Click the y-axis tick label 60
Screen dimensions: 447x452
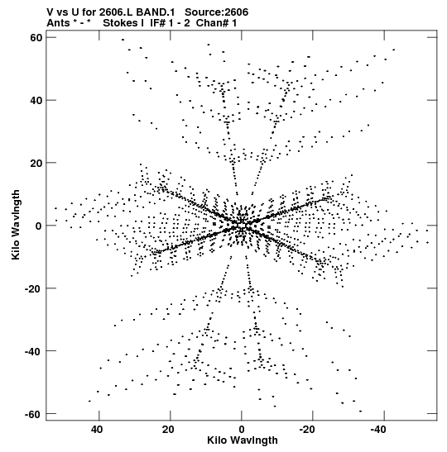36,37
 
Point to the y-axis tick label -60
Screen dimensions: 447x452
33,414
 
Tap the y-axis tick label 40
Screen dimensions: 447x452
36,100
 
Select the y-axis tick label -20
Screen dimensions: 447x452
33,288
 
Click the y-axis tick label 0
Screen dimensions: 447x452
39,226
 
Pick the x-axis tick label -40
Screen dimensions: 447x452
378,430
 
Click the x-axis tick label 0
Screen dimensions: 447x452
242,430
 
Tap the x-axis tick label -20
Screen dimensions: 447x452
307,430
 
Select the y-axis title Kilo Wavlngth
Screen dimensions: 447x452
16,225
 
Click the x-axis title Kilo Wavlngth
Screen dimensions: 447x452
243,440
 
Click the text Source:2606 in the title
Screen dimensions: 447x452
216,12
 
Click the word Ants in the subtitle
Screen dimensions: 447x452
58,23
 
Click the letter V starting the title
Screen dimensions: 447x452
50,12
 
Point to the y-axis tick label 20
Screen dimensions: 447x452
36,163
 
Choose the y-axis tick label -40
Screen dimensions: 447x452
33,351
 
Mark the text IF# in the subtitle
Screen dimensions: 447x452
157,23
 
